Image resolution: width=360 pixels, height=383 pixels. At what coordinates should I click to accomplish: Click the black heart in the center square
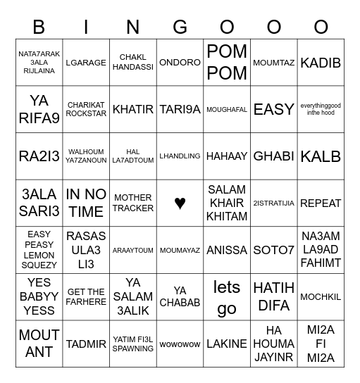pos(180,203)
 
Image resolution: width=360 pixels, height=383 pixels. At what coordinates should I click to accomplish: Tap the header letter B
pos(39,27)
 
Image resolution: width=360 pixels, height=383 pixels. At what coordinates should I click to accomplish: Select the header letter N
pos(133,27)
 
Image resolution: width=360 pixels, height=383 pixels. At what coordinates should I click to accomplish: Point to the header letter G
pos(180,27)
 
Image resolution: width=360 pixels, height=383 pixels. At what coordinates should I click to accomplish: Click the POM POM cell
pos(227,62)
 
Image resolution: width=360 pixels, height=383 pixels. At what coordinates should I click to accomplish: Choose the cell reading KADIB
pos(321,63)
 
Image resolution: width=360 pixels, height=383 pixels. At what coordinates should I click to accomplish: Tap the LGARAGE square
pos(86,63)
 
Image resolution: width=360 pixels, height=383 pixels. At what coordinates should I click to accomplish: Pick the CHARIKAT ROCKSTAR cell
pos(86,109)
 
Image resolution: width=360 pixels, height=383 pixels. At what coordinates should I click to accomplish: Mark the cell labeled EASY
pos(273,109)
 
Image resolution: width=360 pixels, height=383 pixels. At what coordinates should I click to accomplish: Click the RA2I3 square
pos(39,156)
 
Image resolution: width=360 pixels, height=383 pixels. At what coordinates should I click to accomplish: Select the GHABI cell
pos(273,156)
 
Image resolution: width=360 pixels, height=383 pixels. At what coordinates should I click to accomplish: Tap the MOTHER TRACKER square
pos(133,203)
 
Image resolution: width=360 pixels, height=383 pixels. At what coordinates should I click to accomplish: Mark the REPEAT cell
pos(321,203)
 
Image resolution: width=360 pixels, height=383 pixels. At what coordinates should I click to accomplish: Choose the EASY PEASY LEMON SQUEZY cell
pos(39,250)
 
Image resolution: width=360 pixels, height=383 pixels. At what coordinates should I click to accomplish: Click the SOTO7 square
pos(273,250)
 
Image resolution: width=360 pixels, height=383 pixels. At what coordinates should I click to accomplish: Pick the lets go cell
pos(227,297)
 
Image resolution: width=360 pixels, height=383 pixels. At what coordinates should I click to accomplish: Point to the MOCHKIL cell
pos(321,297)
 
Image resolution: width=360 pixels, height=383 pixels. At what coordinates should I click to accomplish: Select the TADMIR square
pos(86,344)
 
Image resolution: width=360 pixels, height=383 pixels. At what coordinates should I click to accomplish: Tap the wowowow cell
pos(180,344)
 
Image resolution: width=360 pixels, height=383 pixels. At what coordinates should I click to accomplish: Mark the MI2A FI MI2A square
pos(321,344)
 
